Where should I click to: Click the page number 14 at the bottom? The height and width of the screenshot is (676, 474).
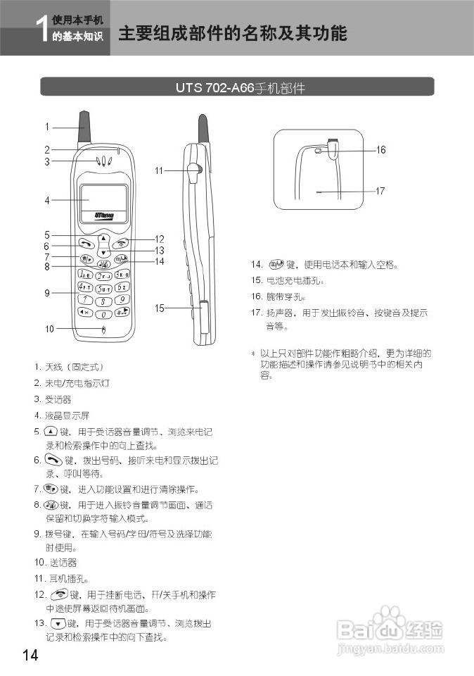point(30,655)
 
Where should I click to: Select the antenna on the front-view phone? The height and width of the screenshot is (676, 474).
point(87,127)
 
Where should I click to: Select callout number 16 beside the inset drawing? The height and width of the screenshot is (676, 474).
point(380,149)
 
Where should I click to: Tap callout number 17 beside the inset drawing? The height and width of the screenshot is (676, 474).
point(380,190)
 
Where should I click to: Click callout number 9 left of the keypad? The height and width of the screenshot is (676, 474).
point(47,293)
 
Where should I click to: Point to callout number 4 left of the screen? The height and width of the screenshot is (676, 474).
point(47,200)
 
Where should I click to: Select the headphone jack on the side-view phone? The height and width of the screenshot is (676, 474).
point(196,170)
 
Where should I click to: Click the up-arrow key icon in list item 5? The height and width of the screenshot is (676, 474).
point(51,431)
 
